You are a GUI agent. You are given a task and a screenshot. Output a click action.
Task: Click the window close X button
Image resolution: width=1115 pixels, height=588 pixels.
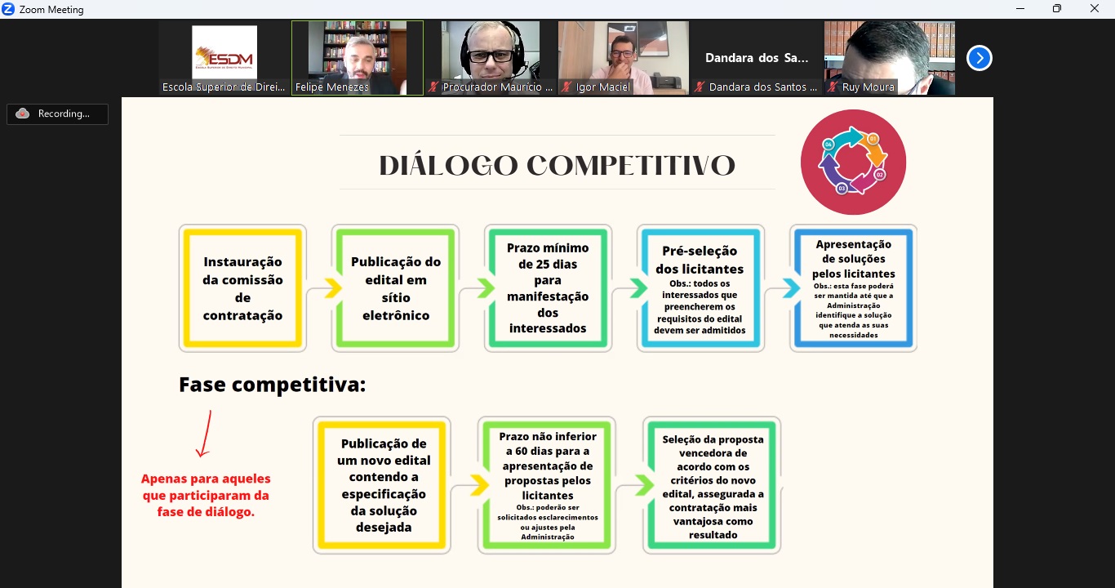click(x=1094, y=8)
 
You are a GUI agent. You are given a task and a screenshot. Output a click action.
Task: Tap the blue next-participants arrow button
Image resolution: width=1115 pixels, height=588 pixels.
click(x=980, y=58)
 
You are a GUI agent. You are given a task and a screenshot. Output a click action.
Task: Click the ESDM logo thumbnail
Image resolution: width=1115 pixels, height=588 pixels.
click(x=224, y=52)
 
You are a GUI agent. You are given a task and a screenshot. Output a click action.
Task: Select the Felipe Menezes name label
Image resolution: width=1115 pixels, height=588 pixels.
click(x=332, y=87)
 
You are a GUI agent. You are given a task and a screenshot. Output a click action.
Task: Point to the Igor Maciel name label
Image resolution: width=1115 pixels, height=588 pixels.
click(x=602, y=87)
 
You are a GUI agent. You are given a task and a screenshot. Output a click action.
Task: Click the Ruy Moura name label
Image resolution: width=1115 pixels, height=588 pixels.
click(x=868, y=87)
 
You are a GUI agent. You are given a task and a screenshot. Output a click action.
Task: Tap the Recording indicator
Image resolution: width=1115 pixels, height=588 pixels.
click(x=57, y=114)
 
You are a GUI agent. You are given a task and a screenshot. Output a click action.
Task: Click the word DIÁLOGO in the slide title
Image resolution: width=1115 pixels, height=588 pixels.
click(x=448, y=165)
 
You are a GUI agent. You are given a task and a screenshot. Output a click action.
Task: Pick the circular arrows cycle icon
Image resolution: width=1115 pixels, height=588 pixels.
click(x=853, y=163)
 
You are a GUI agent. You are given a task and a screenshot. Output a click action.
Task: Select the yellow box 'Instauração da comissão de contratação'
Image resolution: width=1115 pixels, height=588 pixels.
click(x=242, y=288)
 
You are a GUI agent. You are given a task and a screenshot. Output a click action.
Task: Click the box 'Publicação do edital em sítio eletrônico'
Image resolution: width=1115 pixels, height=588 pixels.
click(x=395, y=288)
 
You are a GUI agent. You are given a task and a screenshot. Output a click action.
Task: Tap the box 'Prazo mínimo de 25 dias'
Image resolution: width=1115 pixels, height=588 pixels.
click(x=548, y=288)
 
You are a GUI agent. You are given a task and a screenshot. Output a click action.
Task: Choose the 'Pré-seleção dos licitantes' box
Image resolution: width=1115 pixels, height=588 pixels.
click(x=700, y=288)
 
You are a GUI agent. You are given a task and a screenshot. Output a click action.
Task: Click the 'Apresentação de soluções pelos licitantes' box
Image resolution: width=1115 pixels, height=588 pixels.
click(x=853, y=288)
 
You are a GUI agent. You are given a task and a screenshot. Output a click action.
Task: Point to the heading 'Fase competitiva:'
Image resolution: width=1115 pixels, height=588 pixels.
click(x=273, y=385)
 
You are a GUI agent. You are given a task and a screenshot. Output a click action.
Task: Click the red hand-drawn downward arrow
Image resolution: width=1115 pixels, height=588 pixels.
click(x=204, y=433)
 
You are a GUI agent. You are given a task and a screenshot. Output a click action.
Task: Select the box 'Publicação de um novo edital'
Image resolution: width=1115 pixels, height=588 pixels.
click(x=382, y=485)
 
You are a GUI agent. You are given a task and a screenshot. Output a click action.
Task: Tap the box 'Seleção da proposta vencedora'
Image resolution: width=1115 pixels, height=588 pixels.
click(x=712, y=485)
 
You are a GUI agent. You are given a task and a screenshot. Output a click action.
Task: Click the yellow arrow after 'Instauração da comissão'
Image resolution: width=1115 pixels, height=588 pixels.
click(x=333, y=287)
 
